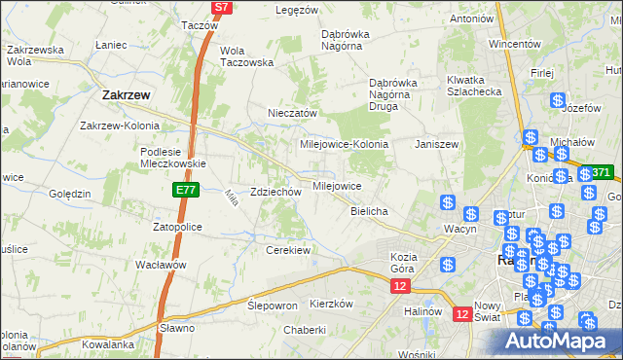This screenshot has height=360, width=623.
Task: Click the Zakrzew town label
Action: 125,96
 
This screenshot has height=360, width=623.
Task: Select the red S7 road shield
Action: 222,7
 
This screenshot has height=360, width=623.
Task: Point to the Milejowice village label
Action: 337,186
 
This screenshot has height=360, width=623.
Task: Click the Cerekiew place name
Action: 288,250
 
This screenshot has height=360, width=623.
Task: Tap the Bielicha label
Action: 369,211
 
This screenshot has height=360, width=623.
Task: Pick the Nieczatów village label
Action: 293,113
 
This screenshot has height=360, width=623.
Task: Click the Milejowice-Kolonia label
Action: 344,144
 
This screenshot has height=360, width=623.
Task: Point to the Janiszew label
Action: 436,144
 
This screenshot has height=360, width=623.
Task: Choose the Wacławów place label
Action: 161,265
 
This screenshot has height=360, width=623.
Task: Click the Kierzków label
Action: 330,304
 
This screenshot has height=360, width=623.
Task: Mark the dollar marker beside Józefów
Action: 558,100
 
